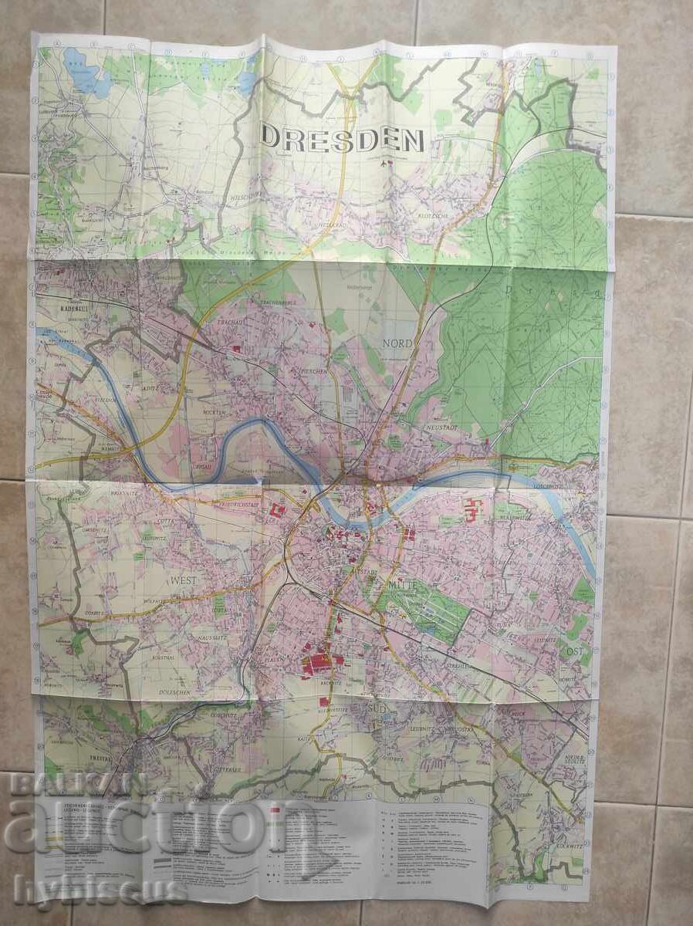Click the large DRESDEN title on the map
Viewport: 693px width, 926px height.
[x=343, y=139]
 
